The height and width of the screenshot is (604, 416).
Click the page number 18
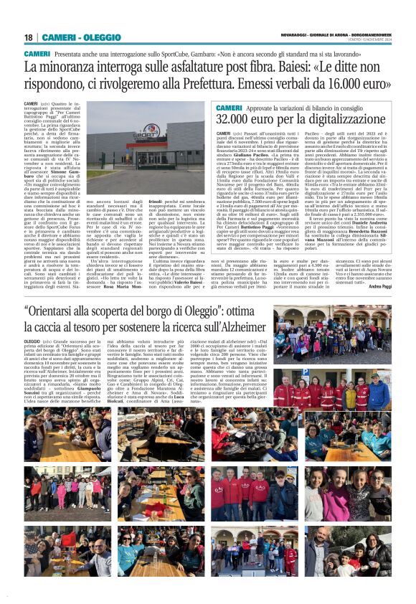29,37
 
